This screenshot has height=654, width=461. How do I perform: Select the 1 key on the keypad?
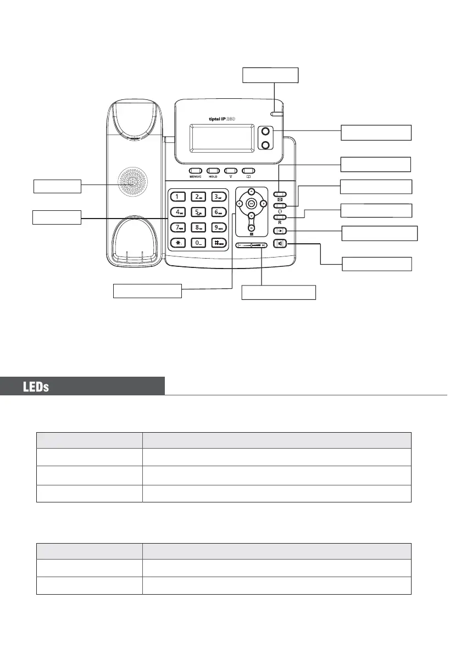pos(177,196)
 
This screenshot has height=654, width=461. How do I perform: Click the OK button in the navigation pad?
pos(251,203)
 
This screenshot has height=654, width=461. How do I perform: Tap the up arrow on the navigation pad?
pos(251,191)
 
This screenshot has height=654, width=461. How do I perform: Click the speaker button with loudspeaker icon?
pos(281,244)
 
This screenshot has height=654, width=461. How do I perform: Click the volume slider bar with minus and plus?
pos(252,245)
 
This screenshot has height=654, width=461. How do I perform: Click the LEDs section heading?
pos(36,387)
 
